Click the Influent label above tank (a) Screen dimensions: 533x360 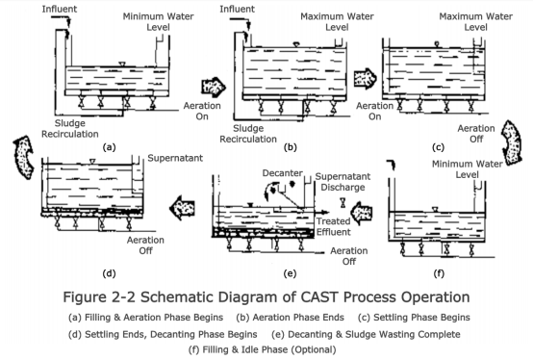tap(60, 10)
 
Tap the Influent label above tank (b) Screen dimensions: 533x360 tap(237, 10)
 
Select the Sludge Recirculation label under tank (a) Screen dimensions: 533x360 tap(70, 128)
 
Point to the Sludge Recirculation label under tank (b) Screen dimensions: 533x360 tap(248, 134)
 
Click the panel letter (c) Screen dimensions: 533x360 tap(438, 147)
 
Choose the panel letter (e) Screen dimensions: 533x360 tap(290, 273)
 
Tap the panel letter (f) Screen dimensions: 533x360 tap(439, 273)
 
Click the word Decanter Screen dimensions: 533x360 tap(283, 173)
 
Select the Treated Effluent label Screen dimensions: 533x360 tap(334, 226)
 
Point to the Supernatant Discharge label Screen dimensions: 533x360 tap(343, 182)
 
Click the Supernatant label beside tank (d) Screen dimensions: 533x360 tap(175, 158)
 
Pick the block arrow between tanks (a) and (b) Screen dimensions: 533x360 tap(214, 87)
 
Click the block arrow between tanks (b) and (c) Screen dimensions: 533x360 tap(365, 78)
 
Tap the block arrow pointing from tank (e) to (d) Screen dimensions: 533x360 tap(182, 207)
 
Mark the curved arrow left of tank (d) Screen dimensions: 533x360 tap(23, 157)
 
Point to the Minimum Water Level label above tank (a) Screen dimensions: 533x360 tap(158, 21)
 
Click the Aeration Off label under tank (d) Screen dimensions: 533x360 tap(145, 245)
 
